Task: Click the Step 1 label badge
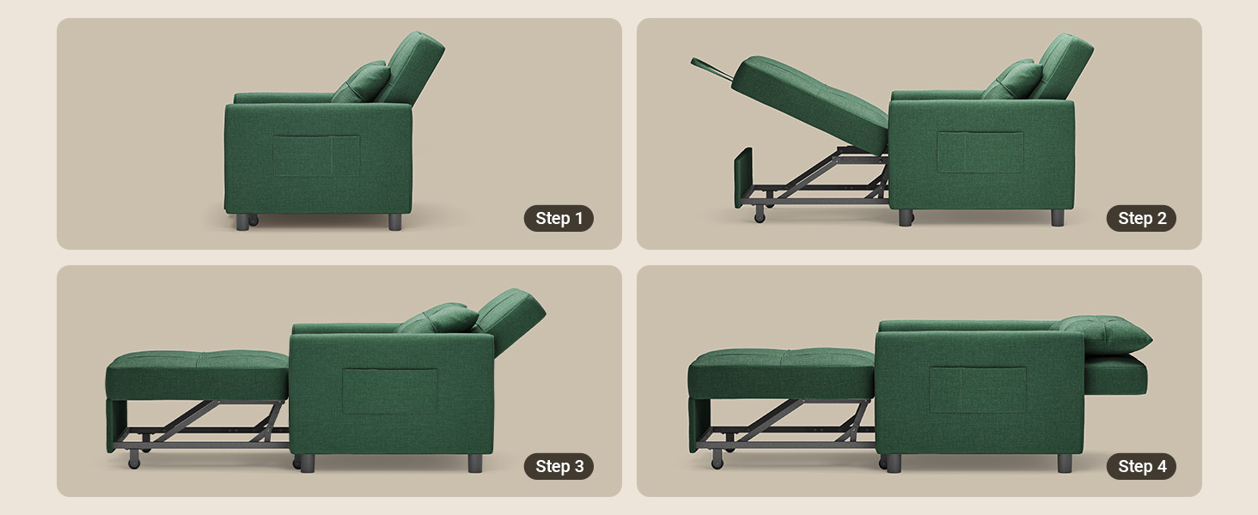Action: [x=559, y=218]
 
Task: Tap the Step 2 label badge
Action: [x=1141, y=218]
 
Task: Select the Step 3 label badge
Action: [x=559, y=466]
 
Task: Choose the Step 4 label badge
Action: [x=1141, y=466]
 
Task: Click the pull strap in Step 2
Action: [x=712, y=69]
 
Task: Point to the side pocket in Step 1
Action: [x=316, y=155]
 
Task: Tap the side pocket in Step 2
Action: [x=980, y=152]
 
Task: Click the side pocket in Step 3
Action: [x=390, y=391]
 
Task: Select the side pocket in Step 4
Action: [x=977, y=390]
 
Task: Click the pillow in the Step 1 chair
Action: [x=363, y=82]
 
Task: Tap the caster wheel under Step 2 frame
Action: [x=760, y=215]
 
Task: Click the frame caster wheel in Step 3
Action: [x=134, y=460]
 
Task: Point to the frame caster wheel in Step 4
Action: [x=717, y=460]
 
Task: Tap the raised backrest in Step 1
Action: [x=412, y=66]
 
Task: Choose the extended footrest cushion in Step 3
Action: [x=197, y=375]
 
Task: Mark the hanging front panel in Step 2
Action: [x=743, y=177]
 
